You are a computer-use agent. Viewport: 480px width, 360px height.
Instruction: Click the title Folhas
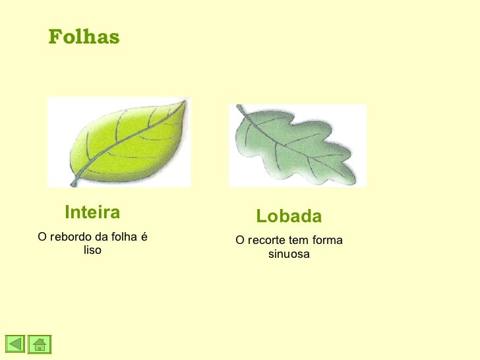click(x=84, y=38)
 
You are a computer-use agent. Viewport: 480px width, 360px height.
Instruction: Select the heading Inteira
click(x=92, y=212)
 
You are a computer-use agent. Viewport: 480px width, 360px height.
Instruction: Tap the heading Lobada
click(x=289, y=216)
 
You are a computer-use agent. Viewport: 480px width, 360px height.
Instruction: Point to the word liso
click(x=92, y=251)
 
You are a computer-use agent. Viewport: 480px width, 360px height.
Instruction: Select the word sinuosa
click(x=289, y=254)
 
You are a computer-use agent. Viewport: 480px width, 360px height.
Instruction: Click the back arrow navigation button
click(x=16, y=344)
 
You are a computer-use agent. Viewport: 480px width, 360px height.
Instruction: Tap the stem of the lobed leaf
click(x=241, y=109)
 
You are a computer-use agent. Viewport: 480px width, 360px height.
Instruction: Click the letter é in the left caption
click(x=143, y=237)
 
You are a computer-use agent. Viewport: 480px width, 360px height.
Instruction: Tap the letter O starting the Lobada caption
click(x=240, y=241)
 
